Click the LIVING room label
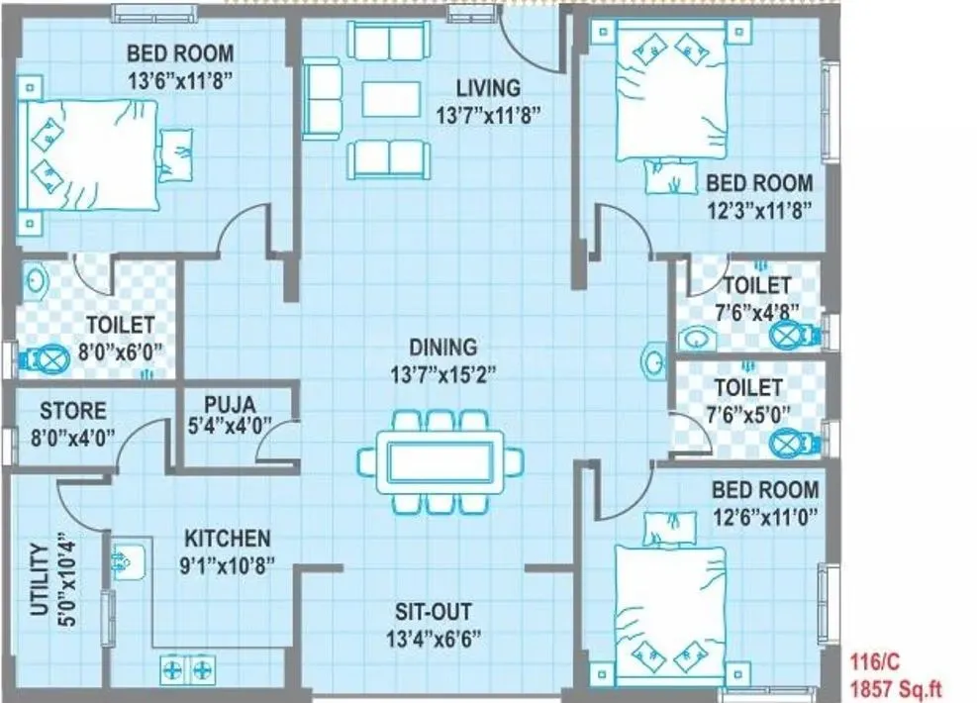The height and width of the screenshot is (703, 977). (x=488, y=88)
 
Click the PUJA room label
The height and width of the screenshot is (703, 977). (x=230, y=404)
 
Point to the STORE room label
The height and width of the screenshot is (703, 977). (x=72, y=409)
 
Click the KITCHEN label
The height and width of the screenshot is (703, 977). (x=227, y=539)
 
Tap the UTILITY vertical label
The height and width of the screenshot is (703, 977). (x=40, y=579)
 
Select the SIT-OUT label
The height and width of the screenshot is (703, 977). (x=433, y=612)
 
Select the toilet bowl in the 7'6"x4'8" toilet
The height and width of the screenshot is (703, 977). (x=786, y=335)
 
